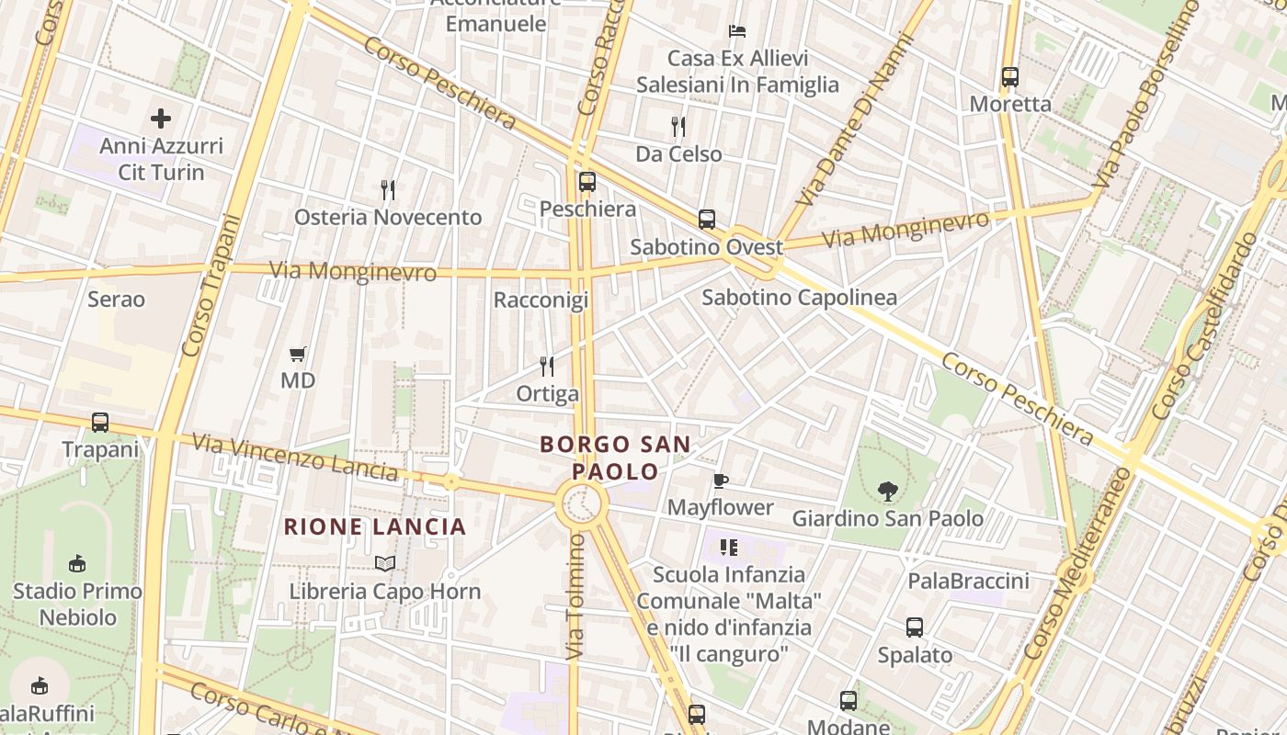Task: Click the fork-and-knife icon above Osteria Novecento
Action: (x=388, y=190)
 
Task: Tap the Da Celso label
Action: (x=678, y=153)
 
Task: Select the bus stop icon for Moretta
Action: (x=1010, y=77)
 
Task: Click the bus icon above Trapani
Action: (x=100, y=423)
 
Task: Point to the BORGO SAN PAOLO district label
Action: (x=615, y=458)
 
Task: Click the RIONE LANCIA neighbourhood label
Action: (x=375, y=527)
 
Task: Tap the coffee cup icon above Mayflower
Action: (x=721, y=481)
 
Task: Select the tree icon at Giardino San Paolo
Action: (x=887, y=492)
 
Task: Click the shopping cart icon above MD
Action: (x=297, y=354)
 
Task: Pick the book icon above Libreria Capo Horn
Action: (x=385, y=563)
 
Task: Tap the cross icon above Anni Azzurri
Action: (x=161, y=119)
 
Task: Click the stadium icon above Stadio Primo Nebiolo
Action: (x=77, y=563)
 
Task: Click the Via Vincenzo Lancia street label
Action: (x=296, y=458)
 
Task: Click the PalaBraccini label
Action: (x=968, y=581)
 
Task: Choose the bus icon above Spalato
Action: (x=915, y=628)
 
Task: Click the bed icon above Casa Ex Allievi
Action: (x=737, y=31)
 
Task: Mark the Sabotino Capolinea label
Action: (x=799, y=298)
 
